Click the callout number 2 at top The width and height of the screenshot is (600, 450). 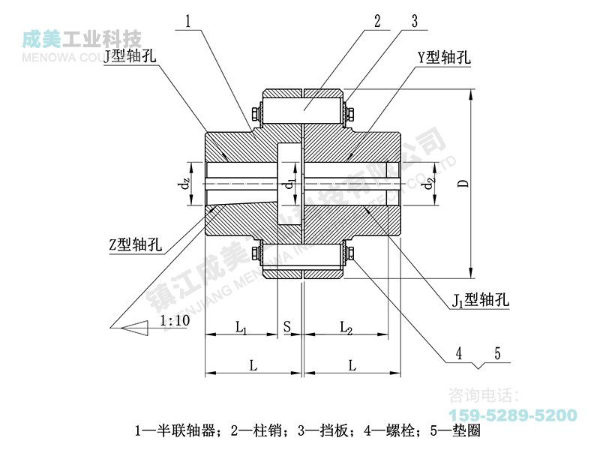[379, 21]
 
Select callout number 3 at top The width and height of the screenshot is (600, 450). [414, 21]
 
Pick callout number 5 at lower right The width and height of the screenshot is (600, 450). [496, 352]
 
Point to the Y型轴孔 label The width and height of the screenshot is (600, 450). [444, 58]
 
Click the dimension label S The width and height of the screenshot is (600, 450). [286, 327]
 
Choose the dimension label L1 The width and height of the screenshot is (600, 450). [241, 327]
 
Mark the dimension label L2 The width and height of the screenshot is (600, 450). [346, 327]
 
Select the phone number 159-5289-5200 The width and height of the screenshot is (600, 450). [512, 415]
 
